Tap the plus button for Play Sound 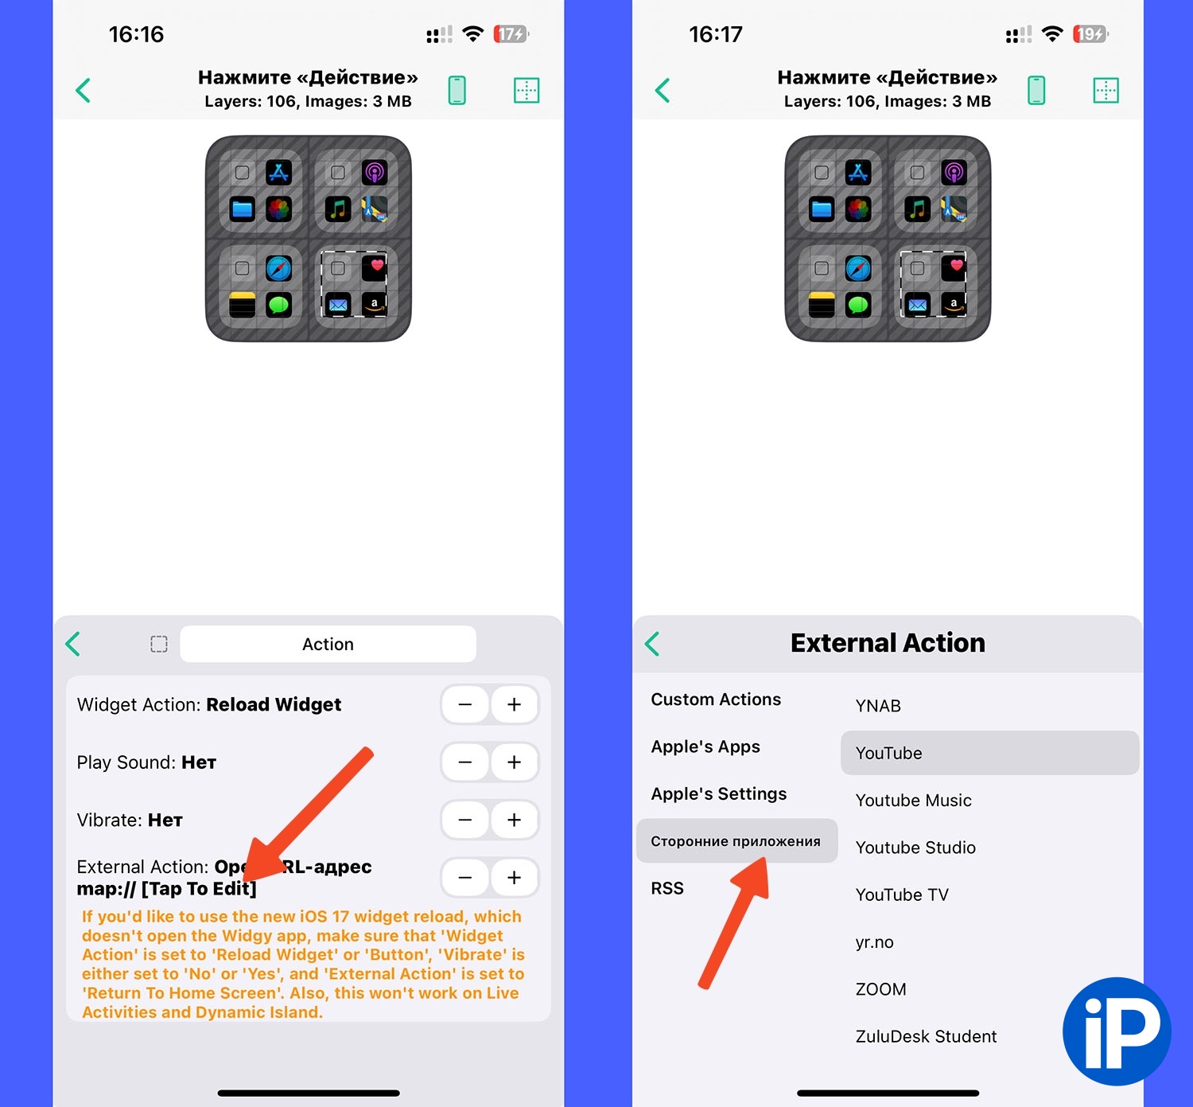tap(514, 762)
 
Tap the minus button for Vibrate tap(465, 820)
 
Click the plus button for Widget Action tap(514, 704)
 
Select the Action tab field tap(328, 644)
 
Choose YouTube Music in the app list tap(913, 801)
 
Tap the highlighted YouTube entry tap(989, 753)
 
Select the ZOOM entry tap(880, 989)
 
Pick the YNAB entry tap(877, 705)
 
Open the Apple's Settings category tap(718, 793)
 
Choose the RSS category tap(667, 888)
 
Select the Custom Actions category tap(716, 700)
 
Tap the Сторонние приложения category tap(736, 840)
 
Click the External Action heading tap(888, 643)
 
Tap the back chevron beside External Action tap(652, 644)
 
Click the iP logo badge tap(1117, 1032)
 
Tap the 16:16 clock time tap(136, 34)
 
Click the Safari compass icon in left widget tap(278, 268)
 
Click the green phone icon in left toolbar tap(457, 90)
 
